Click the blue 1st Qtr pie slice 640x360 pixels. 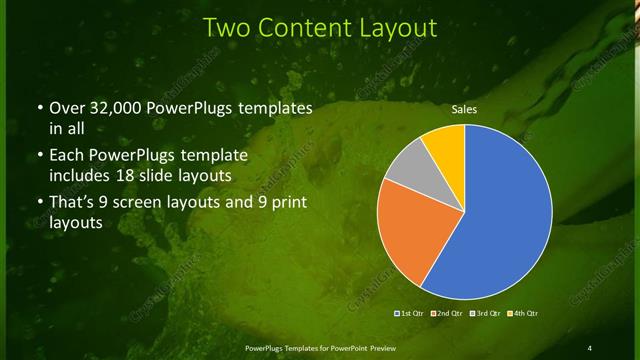(500, 220)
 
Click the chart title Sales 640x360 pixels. (465, 108)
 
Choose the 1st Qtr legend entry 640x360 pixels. (411, 313)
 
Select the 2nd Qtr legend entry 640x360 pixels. (446, 313)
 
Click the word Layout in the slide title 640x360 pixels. (391, 27)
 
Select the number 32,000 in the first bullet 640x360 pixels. (111, 108)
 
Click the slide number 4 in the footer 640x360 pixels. (589, 347)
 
